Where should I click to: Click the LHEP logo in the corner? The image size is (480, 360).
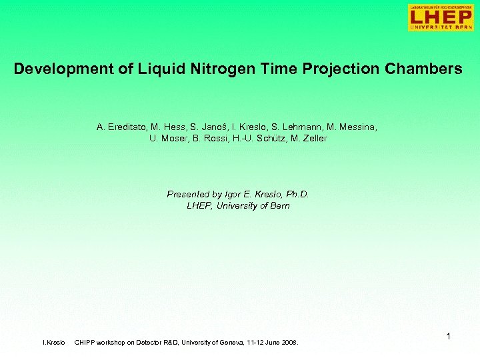pos(441,17)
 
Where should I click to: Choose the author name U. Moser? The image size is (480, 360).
pos(164,139)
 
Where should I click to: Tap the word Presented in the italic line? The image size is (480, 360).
pos(188,195)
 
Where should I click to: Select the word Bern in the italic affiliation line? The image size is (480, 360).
pos(280,206)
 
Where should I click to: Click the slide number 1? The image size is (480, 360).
pos(449,337)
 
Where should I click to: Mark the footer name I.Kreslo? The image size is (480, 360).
pos(54,343)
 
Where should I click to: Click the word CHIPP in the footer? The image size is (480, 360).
pos(85,343)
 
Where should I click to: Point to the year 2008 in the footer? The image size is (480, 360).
pos(289,343)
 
